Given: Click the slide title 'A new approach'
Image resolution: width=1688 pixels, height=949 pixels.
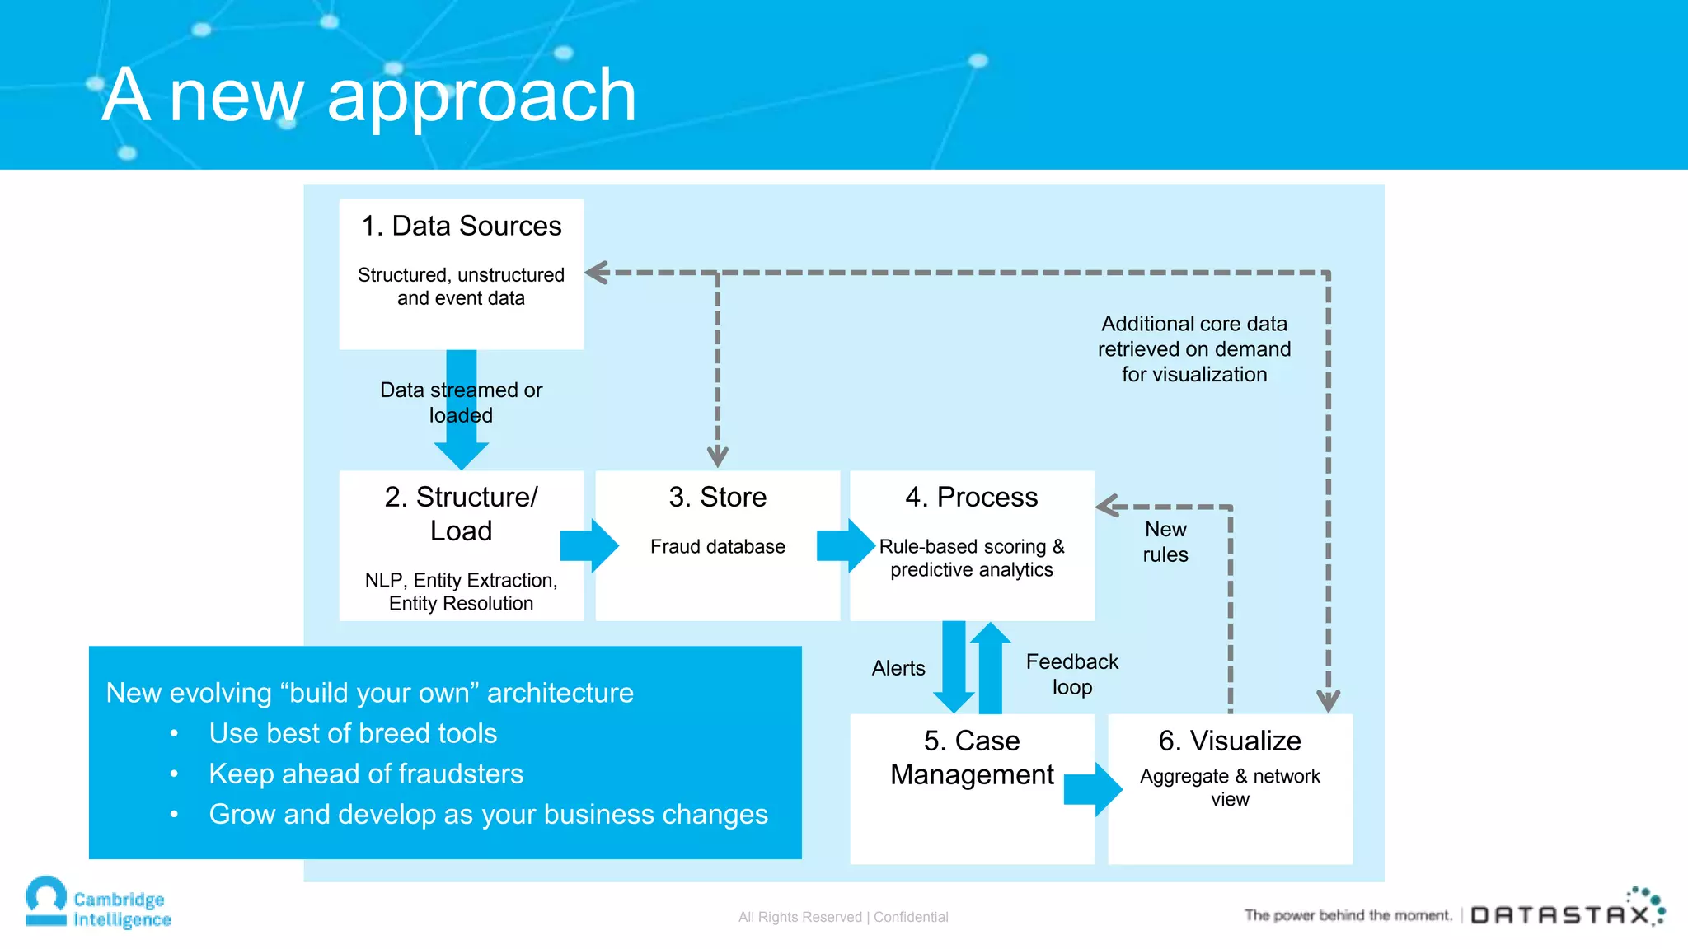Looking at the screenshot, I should click(369, 96).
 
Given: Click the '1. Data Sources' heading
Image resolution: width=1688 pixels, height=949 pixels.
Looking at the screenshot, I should click(461, 226).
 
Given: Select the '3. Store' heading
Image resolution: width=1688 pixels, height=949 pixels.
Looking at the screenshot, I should click(717, 497).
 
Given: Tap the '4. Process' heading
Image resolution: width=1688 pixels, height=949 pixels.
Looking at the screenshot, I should click(971, 497).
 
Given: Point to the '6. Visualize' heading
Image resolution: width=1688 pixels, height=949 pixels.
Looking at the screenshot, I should click(1229, 741).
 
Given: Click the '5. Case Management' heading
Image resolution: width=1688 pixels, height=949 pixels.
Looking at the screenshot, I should click(972, 758).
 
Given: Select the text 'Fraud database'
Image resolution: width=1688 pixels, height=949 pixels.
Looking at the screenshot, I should click(717, 546).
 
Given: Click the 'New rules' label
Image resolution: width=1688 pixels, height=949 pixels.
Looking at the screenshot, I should click(1165, 541).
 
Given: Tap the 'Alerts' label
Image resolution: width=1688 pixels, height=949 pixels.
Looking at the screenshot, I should click(898, 668).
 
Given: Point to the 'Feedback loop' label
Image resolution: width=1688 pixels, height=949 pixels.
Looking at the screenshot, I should click(1071, 674).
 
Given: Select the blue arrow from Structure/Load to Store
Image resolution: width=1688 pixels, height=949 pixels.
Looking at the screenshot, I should click(589, 545).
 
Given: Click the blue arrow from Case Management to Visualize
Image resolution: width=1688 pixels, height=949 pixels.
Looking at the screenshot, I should click(1093, 789).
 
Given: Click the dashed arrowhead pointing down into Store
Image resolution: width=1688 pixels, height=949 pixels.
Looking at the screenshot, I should click(717, 455).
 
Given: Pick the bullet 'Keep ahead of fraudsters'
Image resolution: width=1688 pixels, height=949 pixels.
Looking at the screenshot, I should click(366, 774).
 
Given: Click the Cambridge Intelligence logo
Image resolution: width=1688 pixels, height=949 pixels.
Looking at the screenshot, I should click(98, 905).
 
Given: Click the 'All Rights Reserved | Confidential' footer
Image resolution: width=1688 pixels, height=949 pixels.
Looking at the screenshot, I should click(842, 917).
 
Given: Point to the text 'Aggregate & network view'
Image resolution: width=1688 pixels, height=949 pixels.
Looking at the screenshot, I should click(1229, 788).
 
